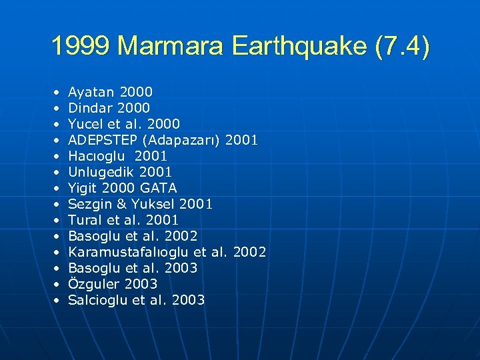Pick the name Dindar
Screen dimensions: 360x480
(91, 108)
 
